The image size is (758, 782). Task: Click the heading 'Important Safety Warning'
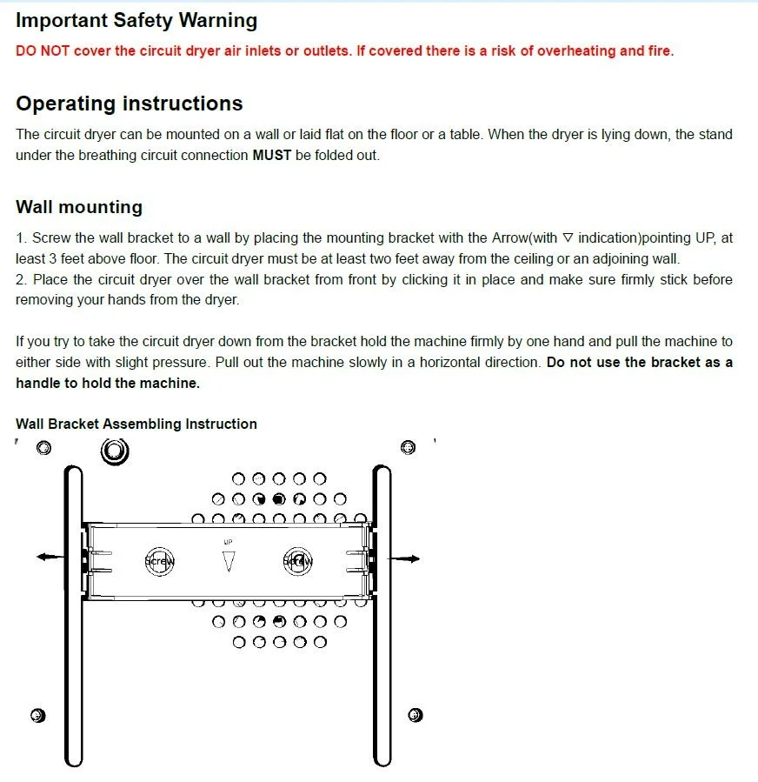coord(136,20)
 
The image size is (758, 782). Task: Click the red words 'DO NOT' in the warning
coord(43,50)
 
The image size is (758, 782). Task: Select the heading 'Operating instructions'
coord(129,104)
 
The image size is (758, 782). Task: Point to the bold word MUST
coord(272,156)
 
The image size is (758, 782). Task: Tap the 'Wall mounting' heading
coord(79,207)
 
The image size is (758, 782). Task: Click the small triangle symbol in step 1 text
coord(568,237)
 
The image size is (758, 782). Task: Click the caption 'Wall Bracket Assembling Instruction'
coord(136,424)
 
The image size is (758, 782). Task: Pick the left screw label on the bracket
coord(160,561)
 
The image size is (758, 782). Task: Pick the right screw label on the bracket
coord(297,561)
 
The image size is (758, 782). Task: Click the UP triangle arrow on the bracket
coord(229,561)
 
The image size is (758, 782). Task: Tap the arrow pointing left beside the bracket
coord(49,557)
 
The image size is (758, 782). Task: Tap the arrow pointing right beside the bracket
coord(407,557)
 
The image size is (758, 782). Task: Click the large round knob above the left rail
coord(115,451)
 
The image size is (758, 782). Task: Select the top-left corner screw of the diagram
coord(44,448)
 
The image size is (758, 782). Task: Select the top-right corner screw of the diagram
coord(407,447)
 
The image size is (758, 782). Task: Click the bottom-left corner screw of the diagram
coord(37,715)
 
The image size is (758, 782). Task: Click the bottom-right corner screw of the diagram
coord(415,715)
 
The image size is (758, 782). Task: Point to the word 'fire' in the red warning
coord(658,50)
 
